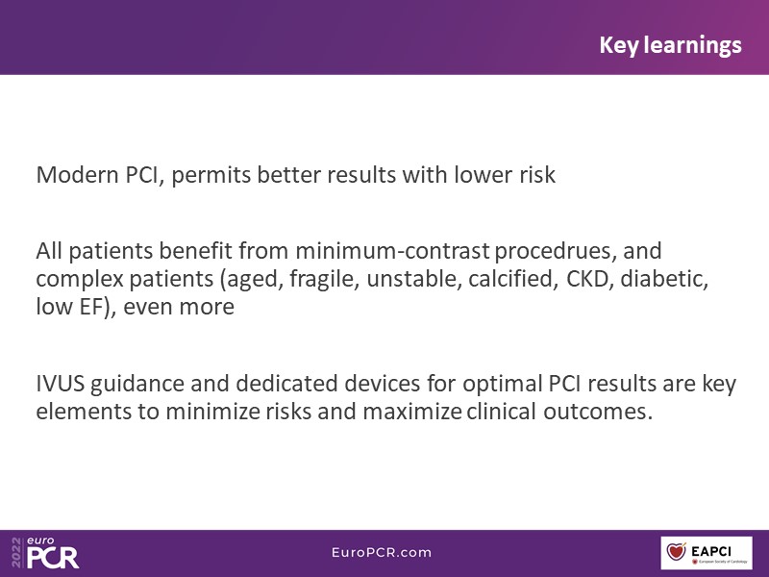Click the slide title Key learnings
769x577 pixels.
[x=670, y=45]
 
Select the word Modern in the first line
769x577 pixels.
[x=78, y=175]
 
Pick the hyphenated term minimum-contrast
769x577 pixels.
[x=392, y=251]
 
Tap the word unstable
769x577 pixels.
[x=414, y=279]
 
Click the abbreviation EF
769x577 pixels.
[x=89, y=307]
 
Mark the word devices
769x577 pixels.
[x=382, y=383]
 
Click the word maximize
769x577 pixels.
[x=412, y=412]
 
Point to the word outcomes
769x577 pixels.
[x=598, y=412]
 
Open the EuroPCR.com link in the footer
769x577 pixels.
[x=382, y=552]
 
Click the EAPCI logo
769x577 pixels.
[x=707, y=553]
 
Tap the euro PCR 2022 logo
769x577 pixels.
[x=45, y=552]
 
